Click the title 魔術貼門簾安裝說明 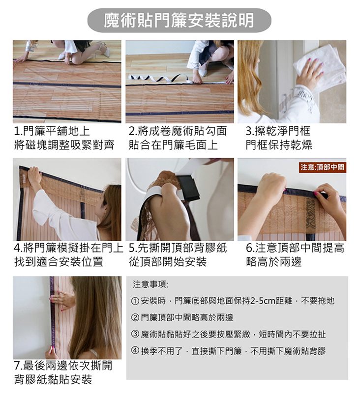click(x=179, y=20)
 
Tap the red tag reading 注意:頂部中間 click(x=322, y=167)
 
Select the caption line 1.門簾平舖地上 click(x=52, y=131)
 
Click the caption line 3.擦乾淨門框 click(x=278, y=131)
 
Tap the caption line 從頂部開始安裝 click(x=168, y=262)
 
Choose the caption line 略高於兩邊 click(x=274, y=262)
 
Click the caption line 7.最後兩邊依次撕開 click(x=63, y=366)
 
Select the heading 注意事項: click(x=150, y=284)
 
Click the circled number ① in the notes click(x=135, y=301)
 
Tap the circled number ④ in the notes click(x=135, y=351)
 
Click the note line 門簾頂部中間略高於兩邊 click(x=187, y=318)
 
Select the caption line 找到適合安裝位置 click(x=59, y=262)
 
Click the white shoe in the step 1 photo click(x=105, y=51)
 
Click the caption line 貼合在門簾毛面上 click(x=173, y=145)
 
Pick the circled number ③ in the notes click(x=135, y=335)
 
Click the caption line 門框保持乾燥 click(x=279, y=145)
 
